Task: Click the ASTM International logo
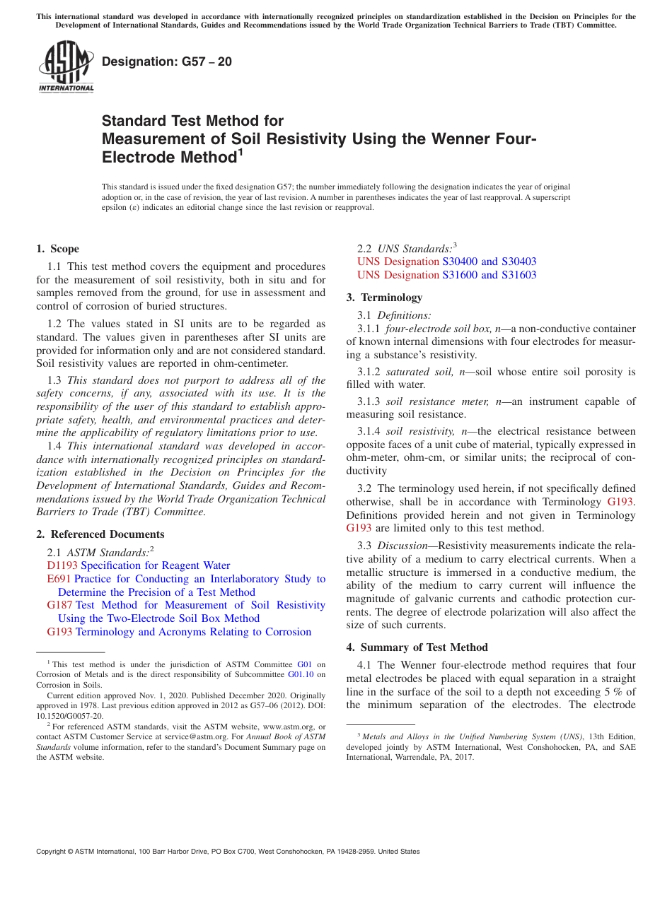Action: click(65, 66)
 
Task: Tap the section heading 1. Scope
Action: click(58, 249)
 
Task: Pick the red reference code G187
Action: click(59, 605)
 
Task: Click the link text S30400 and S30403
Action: click(489, 262)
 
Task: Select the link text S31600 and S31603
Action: click(489, 275)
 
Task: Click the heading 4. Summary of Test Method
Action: click(417, 647)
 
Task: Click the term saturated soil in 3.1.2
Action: click(420, 372)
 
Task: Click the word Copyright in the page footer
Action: click(53, 852)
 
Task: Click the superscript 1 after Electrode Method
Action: click(241, 151)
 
